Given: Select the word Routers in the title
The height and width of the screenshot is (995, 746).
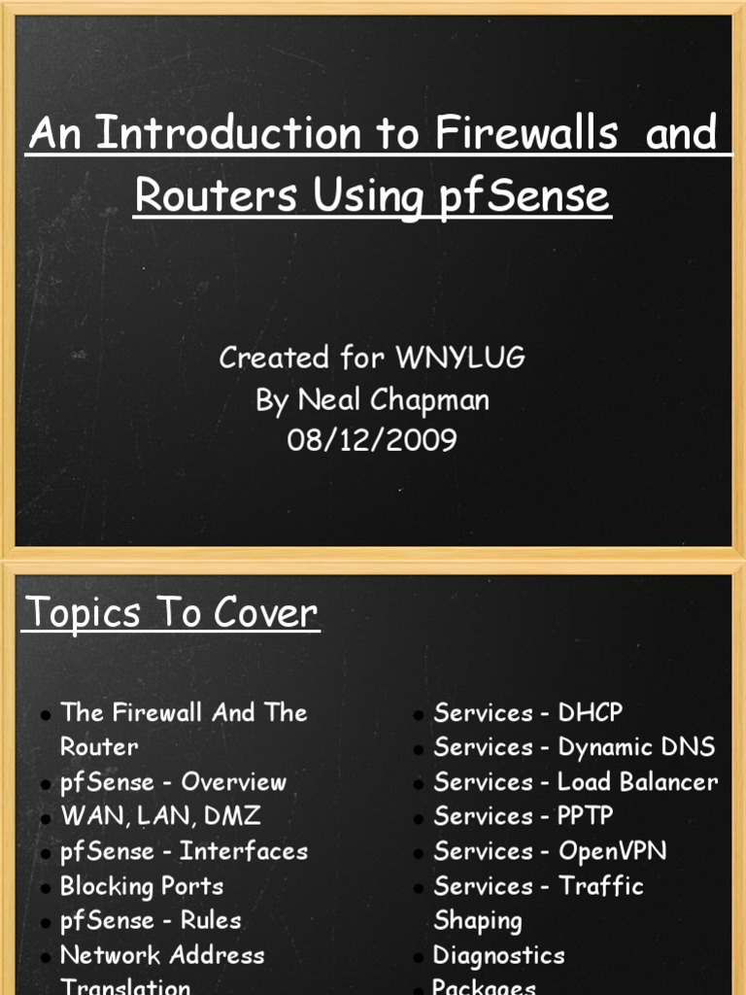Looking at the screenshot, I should (217, 196).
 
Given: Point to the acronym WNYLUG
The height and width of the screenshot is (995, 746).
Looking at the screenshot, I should (460, 358).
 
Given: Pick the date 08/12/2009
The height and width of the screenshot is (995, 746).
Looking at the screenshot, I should (372, 440).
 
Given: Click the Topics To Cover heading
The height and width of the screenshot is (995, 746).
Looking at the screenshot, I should (171, 613).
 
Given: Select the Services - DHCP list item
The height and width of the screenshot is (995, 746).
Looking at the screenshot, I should (528, 712).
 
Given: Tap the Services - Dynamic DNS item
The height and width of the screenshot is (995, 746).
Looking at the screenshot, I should (574, 746).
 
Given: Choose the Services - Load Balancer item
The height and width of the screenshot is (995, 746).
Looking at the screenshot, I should (576, 781).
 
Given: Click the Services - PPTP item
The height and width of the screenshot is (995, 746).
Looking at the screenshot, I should (524, 816).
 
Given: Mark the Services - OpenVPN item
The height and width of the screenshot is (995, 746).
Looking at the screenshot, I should (550, 851).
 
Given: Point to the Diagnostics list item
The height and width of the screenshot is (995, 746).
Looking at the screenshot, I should (498, 955).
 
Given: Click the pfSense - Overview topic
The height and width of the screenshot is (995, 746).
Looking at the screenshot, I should (173, 781).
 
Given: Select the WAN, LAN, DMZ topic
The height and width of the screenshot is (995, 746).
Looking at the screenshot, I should (160, 816).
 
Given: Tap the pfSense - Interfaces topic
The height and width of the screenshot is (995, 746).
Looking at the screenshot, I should (184, 851).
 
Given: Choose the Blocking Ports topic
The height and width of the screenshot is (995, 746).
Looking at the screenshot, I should (142, 886).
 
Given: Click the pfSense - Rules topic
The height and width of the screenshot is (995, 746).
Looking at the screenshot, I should (151, 920).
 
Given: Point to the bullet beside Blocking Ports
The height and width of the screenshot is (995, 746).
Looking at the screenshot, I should (46, 888).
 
